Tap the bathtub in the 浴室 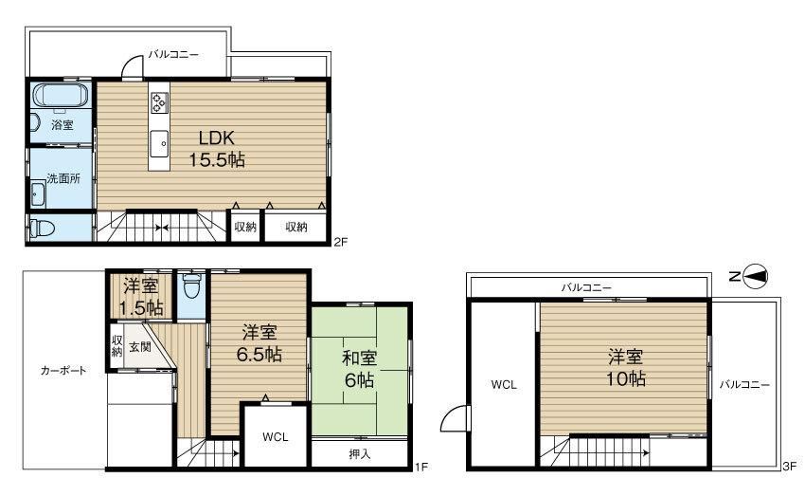click(61, 96)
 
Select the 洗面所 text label click(63, 177)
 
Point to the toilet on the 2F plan click(42, 229)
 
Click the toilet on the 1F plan click(191, 284)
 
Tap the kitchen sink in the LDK click(158, 143)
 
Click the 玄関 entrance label click(140, 347)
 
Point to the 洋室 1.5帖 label click(141, 297)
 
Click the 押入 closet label click(360, 454)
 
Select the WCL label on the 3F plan click(502, 385)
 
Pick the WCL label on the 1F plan click(275, 437)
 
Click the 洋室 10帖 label click(626, 368)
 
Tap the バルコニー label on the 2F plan click(172, 55)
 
